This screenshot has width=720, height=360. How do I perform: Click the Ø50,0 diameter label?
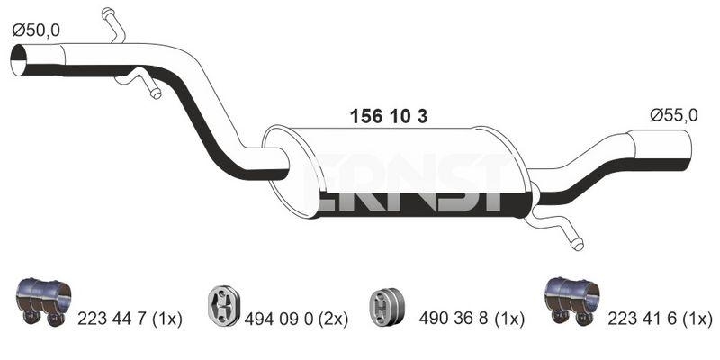tap(36, 31)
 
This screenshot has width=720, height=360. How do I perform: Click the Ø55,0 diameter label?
tap(673, 115)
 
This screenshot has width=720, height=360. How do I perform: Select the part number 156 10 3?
tap(389, 117)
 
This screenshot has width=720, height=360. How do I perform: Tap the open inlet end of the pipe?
tap(18, 60)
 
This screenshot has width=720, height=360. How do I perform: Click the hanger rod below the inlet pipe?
tap(140, 83)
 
